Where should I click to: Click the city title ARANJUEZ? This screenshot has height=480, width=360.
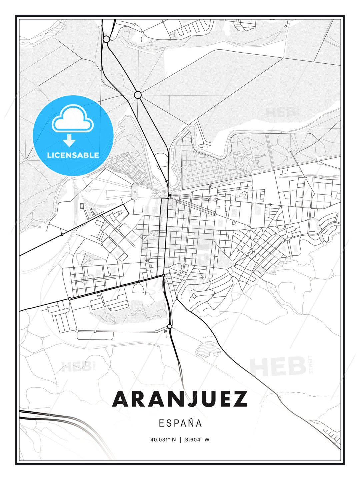[x=180, y=399]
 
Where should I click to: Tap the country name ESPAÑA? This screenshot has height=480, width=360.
[x=180, y=423]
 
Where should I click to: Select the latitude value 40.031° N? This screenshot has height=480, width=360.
[x=163, y=439]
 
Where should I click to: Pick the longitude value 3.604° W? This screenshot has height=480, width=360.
[x=197, y=439]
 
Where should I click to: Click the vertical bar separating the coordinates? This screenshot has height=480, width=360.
[x=180, y=439]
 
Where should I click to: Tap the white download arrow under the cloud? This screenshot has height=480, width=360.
[x=69, y=140]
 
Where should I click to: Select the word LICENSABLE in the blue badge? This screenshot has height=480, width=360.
[x=73, y=155]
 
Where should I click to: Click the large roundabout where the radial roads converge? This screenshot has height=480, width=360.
[x=138, y=95]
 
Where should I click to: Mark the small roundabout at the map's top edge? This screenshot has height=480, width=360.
[x=106, y=39]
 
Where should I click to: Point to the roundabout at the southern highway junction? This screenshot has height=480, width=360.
[x=170, y=326]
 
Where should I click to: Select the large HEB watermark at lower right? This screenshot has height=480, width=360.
[x=278, y=367]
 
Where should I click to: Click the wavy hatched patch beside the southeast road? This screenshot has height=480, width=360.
[x=208, y=350]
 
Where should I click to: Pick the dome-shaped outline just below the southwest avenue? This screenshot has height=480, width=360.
[x=138, y=288]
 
